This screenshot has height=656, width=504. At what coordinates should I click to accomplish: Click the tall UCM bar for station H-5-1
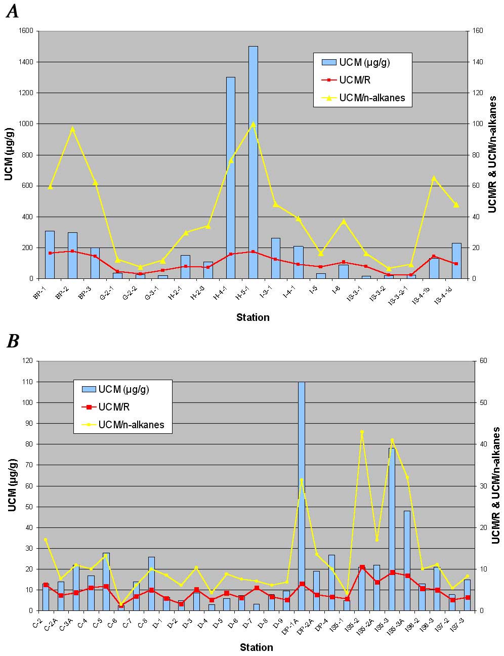pos(253,162)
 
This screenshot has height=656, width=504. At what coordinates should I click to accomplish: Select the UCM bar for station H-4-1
pos(230,177)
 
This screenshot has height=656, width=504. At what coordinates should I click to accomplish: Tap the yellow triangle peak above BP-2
pos(72,129)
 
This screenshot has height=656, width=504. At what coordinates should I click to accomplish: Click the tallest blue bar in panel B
pos(301,496)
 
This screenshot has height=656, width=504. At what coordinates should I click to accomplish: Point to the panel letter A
pos(12,11)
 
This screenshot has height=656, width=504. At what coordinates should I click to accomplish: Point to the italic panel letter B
pos(12,342)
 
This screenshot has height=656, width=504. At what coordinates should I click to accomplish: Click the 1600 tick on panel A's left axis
pos(25,31)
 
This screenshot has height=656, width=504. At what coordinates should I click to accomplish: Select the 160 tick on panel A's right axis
pos(478,31)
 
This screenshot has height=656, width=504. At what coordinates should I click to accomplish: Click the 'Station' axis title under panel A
pos(253,317)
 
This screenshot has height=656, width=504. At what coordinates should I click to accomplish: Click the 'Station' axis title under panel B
pos(256,647)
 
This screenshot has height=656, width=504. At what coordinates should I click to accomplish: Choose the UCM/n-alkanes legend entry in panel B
pos(131,425)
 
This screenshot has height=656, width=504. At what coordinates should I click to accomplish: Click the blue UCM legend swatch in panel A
pos(329,62)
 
